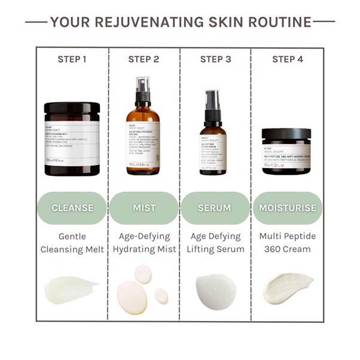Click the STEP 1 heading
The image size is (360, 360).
coord(72,59)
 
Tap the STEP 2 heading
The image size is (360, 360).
coord(144,59)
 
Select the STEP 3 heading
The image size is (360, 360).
coord(215,59)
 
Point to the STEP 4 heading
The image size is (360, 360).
coord(287,59)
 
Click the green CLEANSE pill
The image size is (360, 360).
coord(72,208)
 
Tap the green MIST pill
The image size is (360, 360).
coord(144,208)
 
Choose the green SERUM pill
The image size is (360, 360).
coord(215,208)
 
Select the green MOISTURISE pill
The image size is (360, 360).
coord(287,208)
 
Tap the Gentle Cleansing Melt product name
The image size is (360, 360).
coord(72,242)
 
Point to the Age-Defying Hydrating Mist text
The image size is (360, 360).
coord(144,242)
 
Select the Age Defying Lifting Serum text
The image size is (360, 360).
coord(215,242)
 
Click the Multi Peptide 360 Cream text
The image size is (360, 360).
coord(287,242)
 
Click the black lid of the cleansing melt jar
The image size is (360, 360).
coord(72,109)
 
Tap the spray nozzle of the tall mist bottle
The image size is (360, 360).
coord(143,90)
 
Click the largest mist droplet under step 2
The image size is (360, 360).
coord(132,297)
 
